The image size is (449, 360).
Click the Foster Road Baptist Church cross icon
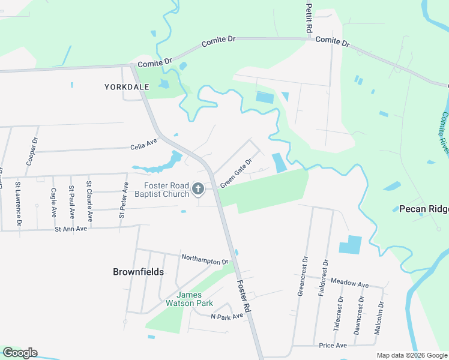pyautogui.click(x=197, y=190)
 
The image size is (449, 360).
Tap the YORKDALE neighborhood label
pyautogui.click(x=126, y=87)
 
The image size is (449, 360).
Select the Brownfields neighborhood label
pyautogui.click(x=138, y=272)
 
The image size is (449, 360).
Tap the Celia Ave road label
pyautogui.click(x=143, y=145)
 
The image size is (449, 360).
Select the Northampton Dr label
pyautogui.click(x=205, y=259)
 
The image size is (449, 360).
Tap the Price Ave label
pyautogui.click(x=333, y=346)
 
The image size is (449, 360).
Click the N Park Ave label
pyautogui.click(x=227, y=316)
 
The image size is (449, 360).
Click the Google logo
pyautogui.click(x=20, y=353)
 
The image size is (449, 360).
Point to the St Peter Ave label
pyautogui.click(x=124, y=199)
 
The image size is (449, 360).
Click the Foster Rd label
pyautogui.click(x=243, y=296)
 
